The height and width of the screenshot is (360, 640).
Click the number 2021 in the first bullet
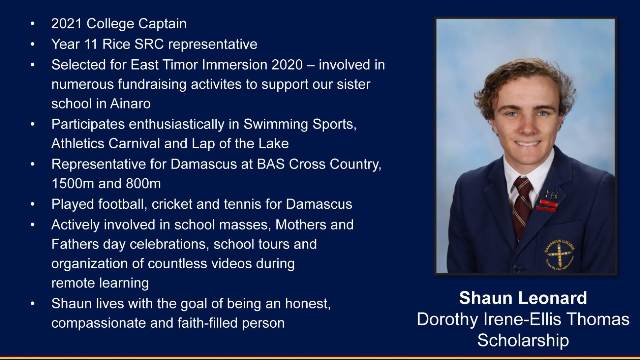click(x=66, y=24)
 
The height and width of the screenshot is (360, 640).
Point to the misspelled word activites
click(x=216, y=84)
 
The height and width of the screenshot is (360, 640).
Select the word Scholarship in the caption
click(x=523, y=340)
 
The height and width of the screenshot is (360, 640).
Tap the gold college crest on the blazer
click(x=559, y=254)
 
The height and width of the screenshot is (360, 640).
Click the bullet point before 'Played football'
click(x=32, y=204)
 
